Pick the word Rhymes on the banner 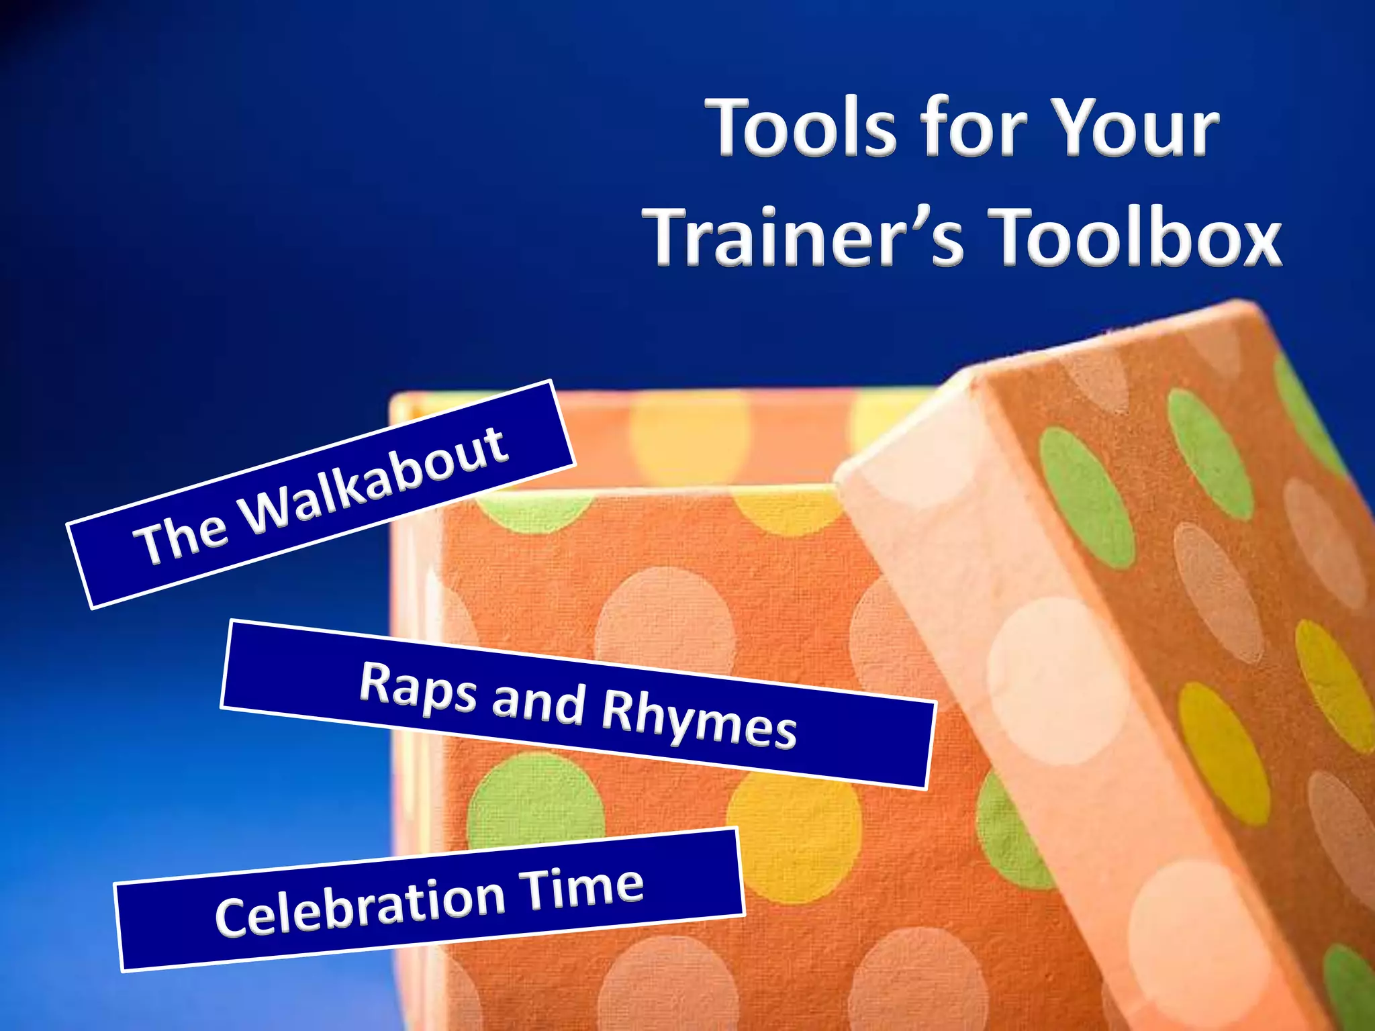(x=699, y=719)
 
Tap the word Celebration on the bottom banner (x=360, y=905)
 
